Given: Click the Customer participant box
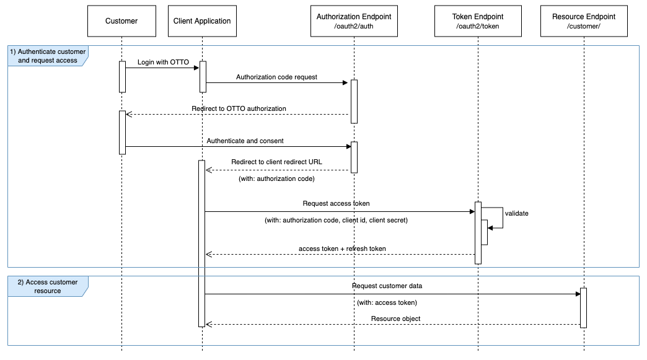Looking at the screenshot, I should pos(121,21).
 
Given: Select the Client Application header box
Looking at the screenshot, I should pos(203,21).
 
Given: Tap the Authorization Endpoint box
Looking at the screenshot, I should pos(354,21).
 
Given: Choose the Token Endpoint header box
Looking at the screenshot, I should pos(478,21).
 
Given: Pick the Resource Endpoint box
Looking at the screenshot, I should pos(584,21).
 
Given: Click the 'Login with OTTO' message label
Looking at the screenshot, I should pos(164,63).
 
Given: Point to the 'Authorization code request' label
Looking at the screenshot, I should pos(276,77).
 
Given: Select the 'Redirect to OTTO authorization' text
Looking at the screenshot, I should pos(239,108).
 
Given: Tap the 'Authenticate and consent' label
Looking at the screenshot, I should pos(245,141).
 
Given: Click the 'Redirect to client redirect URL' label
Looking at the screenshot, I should pos(276,162).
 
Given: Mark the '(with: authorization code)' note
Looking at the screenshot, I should pos(276,178).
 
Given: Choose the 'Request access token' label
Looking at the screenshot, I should pos(337,203).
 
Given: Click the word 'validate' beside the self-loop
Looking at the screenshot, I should pos(517,213).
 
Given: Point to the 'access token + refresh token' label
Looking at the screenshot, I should pos(342,248).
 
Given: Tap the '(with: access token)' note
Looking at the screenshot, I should pos(387,302).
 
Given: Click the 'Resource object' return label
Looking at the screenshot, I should pos(395,318).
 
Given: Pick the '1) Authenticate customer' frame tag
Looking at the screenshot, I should pos(48,56).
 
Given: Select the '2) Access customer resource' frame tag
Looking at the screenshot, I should pos(48,286).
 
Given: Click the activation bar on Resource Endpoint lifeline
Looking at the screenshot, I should pos(584,307).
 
